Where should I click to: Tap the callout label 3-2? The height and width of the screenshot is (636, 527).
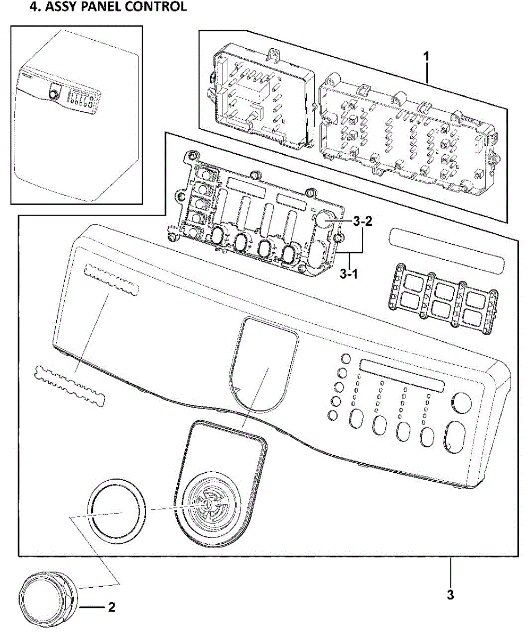362,222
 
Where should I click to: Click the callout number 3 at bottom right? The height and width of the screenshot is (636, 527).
450,595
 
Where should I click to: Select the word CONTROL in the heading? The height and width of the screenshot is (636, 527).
159,7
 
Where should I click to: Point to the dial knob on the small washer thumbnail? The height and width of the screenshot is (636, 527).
53,94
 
